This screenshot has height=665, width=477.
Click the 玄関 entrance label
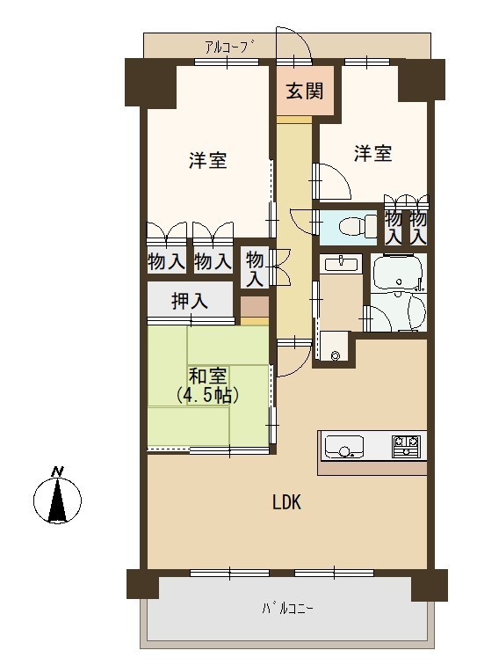[305, 91]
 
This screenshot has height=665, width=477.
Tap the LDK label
[286, 502]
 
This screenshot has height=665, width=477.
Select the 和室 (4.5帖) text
[208, 385]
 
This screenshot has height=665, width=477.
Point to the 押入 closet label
[190, 301]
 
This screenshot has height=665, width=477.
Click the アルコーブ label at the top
[231, 47]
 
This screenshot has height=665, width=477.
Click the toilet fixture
[358, 224]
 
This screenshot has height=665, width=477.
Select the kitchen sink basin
[344, 446]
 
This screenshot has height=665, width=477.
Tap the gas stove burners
[406, 446]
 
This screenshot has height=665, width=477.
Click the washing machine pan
[334, 346]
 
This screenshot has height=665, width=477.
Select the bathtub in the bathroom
[398, 273]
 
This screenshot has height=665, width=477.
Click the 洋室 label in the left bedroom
[208, 160]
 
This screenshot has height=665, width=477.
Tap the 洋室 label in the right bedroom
[372, 153]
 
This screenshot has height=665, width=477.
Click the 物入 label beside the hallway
[255, 268]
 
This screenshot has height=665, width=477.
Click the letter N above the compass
[57, 471]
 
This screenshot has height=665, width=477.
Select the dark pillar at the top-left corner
[150, 82]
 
